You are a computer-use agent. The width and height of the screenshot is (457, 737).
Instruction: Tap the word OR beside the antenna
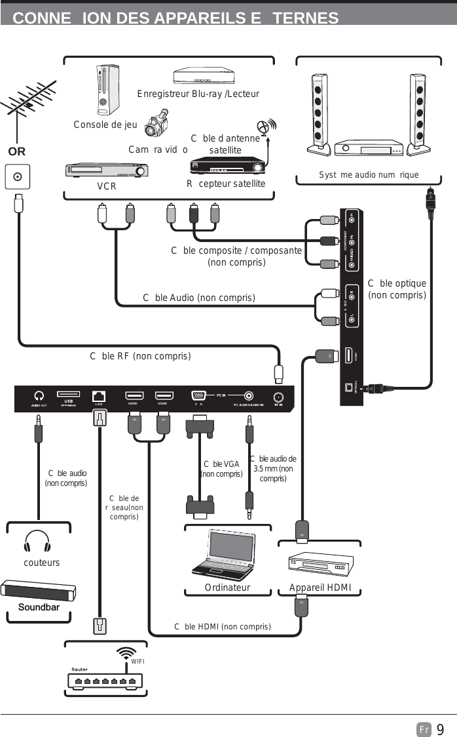click(x=17, y=151)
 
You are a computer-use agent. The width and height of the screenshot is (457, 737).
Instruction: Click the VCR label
click(x=107, y=186)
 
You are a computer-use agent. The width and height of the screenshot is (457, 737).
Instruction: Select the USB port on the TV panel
click(x=68, y=395)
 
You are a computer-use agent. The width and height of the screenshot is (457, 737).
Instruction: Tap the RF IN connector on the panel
click(x=278, y=396)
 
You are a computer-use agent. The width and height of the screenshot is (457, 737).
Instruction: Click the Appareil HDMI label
click(x=320, y=588)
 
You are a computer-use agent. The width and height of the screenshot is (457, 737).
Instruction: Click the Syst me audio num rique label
click(x=369, y=175)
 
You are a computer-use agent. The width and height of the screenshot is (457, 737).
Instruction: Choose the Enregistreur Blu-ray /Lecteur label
click(x=198, y=94)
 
